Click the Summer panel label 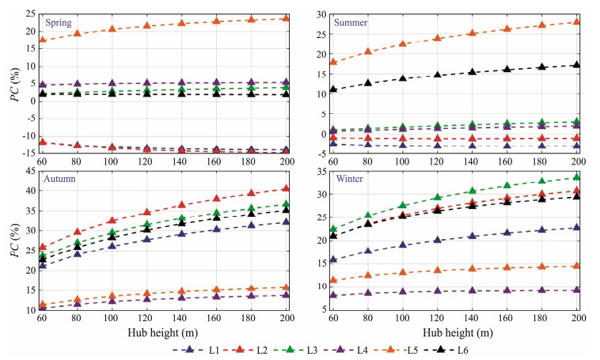tap(350, 22)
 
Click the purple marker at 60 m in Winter tap(333, 295)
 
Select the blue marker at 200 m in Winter tap(576, 227)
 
